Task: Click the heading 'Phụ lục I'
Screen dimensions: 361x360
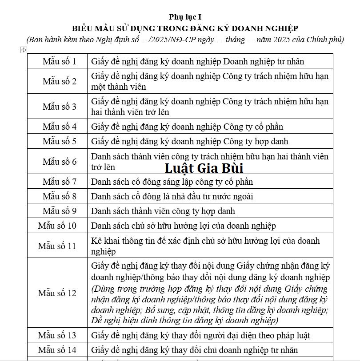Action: coord(182,17)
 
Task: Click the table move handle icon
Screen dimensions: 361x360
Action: coord(24,51)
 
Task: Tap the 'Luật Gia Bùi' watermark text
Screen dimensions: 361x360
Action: coord(204,169)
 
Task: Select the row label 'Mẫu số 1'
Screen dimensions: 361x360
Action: coord(59,61)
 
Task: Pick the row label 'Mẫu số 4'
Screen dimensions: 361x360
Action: coord(59,127)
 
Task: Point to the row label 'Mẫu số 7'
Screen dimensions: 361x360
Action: coord(59,182)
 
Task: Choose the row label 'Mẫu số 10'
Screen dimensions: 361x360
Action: coord(57,226)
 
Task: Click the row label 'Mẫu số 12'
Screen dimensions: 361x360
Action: coord(57,294)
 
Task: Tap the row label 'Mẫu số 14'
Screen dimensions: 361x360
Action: coord(57,350)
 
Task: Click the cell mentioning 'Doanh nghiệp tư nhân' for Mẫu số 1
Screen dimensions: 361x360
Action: coord(198,61)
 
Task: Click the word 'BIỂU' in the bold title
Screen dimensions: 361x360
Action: coord(82,28)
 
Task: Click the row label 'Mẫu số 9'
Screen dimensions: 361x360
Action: coord(59,211)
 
